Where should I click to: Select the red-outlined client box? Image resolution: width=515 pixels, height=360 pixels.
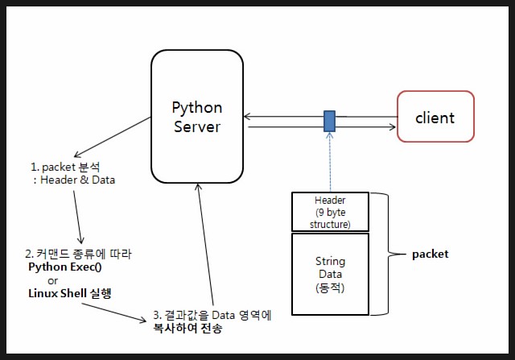click(x=435, y=118)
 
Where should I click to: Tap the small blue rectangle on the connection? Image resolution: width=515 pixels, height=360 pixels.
click(x=329, y=121)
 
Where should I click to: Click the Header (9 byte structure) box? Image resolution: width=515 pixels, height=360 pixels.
click(x=330, y=212)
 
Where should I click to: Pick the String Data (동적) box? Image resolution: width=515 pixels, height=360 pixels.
click(x=330, y=274)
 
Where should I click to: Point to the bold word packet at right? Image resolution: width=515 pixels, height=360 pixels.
click(x=430, y=254)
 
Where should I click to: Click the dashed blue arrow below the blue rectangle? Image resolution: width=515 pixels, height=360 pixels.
click(x=330, y=161)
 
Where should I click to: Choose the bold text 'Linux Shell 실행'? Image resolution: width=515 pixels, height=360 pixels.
click(x=69, y=293)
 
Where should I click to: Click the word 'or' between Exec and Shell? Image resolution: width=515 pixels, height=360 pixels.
click(x=53, y=280)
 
